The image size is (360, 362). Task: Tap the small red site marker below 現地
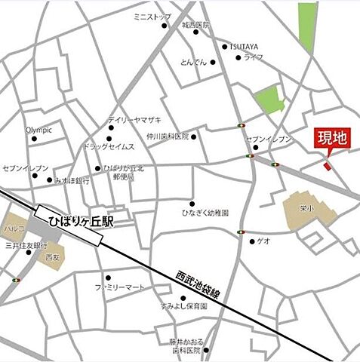[x=327, y=165]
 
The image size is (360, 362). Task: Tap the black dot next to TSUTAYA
[x=224, y=46]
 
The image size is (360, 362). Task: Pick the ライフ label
[x=251, y=57]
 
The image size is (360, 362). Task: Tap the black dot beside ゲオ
[x=251, y=241]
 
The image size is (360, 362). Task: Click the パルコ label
[x=14, y=226]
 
